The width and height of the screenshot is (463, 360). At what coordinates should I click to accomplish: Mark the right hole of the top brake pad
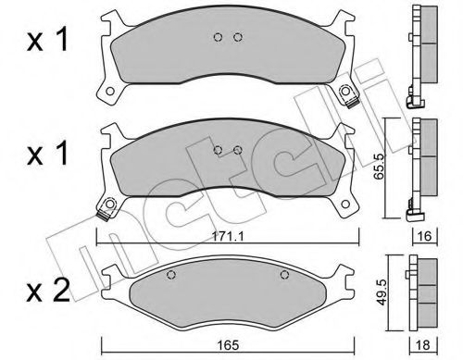[238, 38]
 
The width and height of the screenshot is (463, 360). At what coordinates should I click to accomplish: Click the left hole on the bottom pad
[169, 274]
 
